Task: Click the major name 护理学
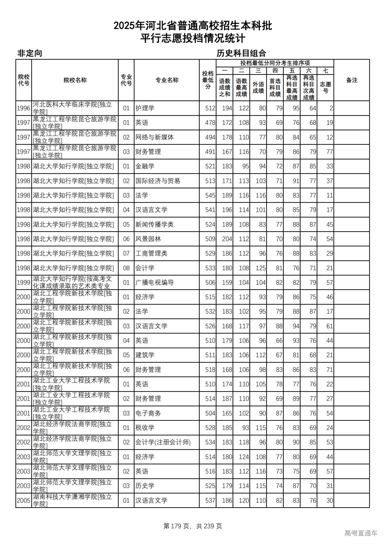pos(145,108)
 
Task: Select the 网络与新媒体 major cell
pos(154,137)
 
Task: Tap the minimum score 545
pos(210,195)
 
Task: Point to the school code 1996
pos(24,108)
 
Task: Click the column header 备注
pos(352,80)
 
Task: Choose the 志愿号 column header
pos(325,87)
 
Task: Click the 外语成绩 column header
pos(258,87)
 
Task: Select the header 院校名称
pos(75,80)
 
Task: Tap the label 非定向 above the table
pos(30,53)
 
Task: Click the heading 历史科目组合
pos(241,53)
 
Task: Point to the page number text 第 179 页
pos(176,526)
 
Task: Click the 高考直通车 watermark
pos(361,533)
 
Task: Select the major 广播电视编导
pos(154,282)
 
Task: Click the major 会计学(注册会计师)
pos(163,442)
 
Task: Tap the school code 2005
pos(24,500)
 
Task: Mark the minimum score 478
pos(210,123)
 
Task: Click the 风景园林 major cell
pos(148,239)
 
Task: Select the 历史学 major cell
pos(145,486)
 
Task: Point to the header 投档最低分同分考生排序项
pos(275,63)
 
